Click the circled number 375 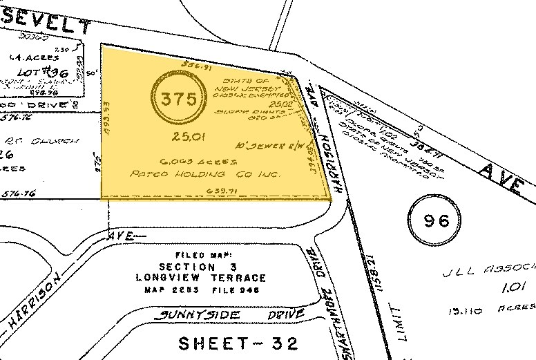178,99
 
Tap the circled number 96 437,221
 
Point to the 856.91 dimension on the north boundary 195,68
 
